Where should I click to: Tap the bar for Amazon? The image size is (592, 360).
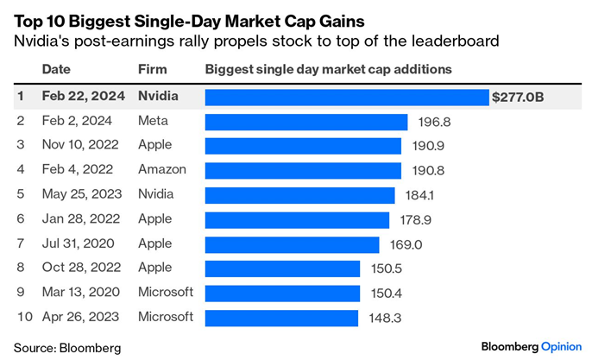[303, 171]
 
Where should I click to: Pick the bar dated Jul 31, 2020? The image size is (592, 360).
[292, 244]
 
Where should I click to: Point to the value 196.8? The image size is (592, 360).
[435, 122]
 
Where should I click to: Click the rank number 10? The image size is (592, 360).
[25, 318]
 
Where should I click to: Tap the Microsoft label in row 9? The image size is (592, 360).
[166, 293]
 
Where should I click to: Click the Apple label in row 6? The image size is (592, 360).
[155, 219]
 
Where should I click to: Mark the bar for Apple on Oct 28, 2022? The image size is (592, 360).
[282, 268]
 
